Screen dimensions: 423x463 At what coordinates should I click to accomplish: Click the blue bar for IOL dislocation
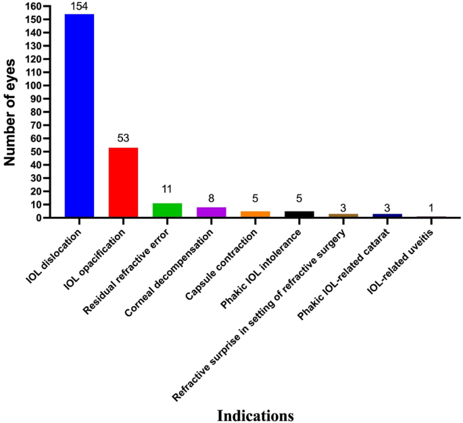tap(79, 116)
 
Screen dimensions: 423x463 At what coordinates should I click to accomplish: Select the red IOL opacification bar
tap(123, 182)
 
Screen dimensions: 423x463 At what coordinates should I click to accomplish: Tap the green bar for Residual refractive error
tap(167, 210)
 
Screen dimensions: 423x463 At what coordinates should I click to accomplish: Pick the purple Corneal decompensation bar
tap(212, 212)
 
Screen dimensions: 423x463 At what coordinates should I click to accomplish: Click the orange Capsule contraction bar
tap(255, 214)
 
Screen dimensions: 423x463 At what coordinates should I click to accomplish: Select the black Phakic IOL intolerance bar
tap(299, 214)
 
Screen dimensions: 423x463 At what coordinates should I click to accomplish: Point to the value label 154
tap(79, 7)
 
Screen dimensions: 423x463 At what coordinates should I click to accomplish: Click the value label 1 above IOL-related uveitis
tap(432, 208)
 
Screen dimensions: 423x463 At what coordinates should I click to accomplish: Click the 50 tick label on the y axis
tap(34, 151)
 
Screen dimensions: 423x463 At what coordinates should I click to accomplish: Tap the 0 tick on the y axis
tap(36, 218)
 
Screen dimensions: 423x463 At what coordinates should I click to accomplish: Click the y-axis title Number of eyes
tap(10, 111)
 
